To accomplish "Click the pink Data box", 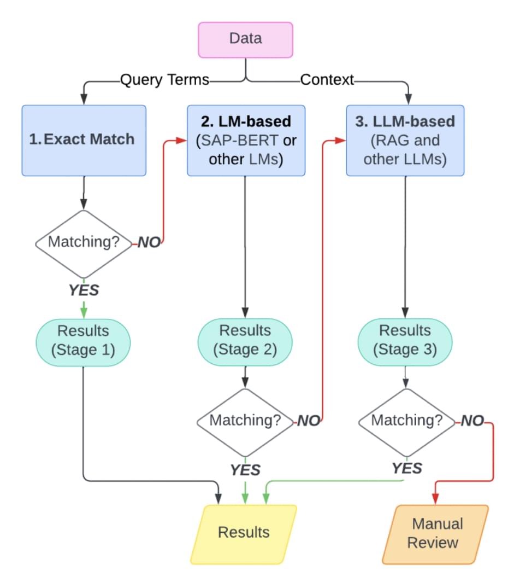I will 245,39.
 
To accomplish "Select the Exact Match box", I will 84,140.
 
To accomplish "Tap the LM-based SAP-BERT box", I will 245,140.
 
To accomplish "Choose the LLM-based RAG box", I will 405,140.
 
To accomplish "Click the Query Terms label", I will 164,80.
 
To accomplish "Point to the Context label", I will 327,80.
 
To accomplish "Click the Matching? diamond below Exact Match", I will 83,242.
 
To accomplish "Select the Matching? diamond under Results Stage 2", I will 245,421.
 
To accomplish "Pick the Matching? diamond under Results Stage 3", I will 406,421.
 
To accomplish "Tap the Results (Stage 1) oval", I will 83,340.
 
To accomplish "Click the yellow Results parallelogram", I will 244,533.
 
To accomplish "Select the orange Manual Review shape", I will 436,533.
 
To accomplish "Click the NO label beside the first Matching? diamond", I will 149,242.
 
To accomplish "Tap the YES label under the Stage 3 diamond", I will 407,468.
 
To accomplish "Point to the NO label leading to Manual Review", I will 472,421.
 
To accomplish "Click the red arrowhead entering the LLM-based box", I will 341,141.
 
